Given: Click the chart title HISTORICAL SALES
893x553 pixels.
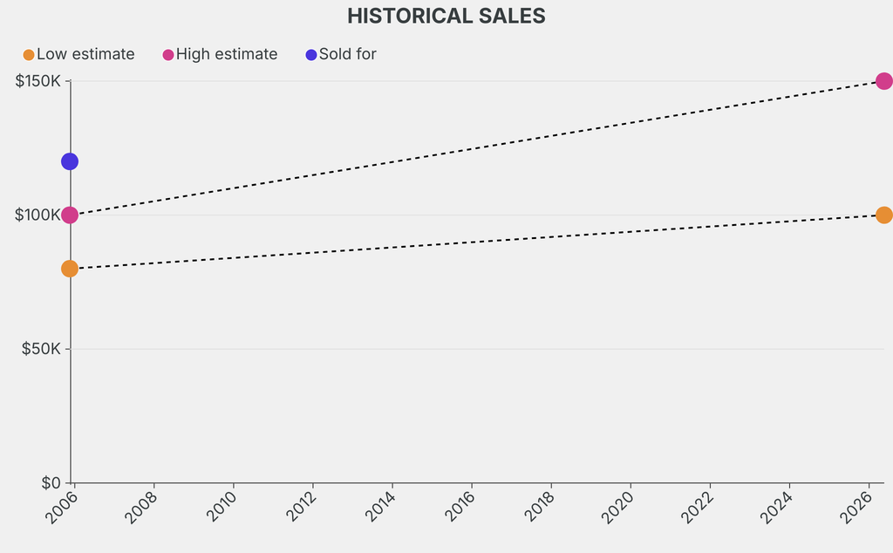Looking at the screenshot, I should (446, 16).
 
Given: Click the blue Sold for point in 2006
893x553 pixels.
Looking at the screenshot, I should (70, 161).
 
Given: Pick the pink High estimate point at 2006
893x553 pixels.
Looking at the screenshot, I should (70, 215).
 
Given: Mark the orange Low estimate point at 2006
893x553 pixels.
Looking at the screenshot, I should (70, 269).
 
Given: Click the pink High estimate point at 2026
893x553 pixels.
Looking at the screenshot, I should (883, 81).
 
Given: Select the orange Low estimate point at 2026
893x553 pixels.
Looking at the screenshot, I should (883, 215).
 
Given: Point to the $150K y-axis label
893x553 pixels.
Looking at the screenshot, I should (38, 81).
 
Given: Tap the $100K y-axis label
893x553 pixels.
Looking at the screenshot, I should (38, 215).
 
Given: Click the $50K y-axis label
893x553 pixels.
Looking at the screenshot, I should (42, 349).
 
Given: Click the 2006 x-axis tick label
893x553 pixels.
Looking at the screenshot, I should (60, 507).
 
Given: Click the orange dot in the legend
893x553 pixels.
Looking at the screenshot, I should (29, 55).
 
